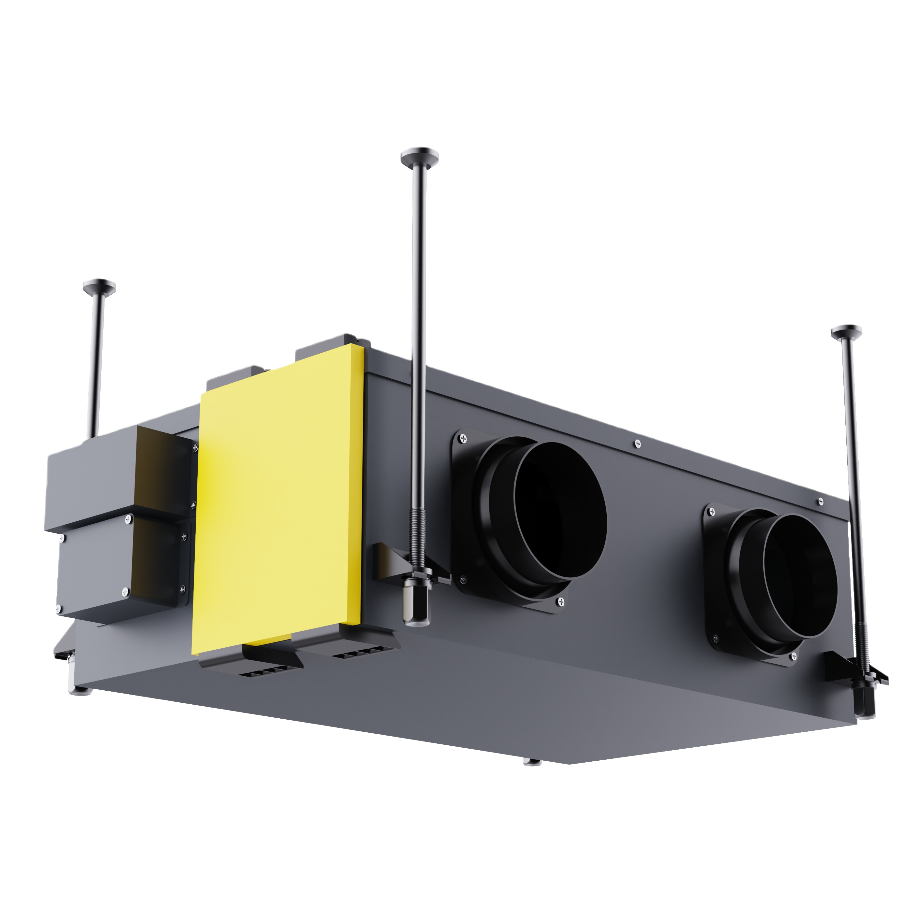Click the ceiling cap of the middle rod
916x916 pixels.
pos(420,156)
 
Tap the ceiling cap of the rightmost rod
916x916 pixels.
pos(847,331)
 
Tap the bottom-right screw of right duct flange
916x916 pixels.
pos(795,657)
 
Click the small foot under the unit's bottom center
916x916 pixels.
pos(532,762)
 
